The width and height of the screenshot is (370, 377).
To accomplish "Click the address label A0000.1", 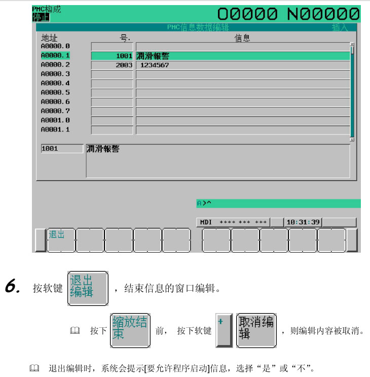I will (55, 55).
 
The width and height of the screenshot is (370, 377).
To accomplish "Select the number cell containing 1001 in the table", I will (112, 56).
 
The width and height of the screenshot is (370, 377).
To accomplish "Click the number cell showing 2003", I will (112, 65).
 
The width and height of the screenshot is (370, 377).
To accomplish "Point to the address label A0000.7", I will (55, 111).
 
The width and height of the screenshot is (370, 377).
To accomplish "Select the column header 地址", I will (49, 38).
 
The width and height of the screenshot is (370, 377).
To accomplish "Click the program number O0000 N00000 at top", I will (288, 14).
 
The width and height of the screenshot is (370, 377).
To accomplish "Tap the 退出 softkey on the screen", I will (61, 239).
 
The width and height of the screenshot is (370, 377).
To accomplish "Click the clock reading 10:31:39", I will (303, 222).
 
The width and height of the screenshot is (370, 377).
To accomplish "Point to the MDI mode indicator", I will (207, 222).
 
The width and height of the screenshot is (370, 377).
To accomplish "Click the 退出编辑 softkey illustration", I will (88, 288).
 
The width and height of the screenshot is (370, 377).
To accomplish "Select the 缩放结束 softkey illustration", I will (130, 330).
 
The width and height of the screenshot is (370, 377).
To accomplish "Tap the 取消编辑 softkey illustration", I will (256, 330).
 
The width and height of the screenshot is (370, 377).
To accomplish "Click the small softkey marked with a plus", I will (224, 330).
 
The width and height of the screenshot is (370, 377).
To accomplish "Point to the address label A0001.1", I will (55, 129).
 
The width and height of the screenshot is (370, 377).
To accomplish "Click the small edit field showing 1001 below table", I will (62, 149).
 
